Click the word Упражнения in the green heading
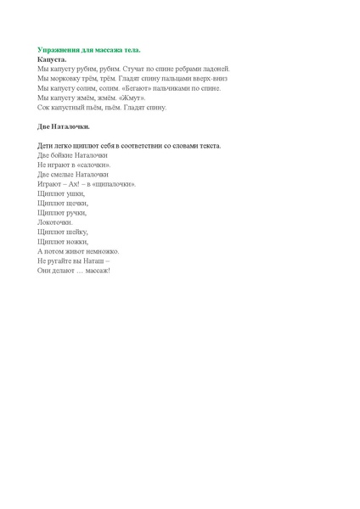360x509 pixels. [58, 50]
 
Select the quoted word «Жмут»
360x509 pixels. [132, 98]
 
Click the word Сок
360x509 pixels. [44, 107]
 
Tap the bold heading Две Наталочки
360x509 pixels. [64, 126]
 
